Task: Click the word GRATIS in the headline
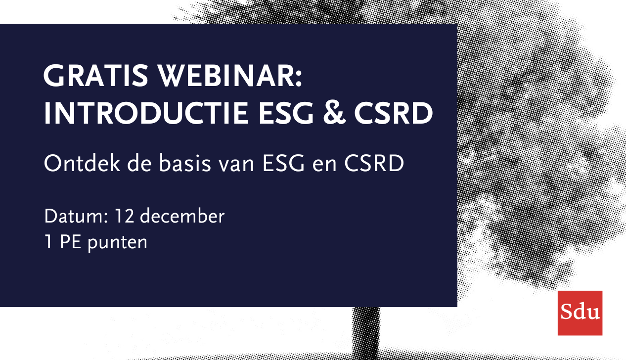95,76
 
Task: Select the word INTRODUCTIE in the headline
146,113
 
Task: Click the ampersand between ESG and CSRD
334,113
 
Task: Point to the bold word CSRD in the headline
394,113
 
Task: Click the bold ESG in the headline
286,113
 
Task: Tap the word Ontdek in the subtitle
82,163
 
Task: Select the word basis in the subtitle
185,163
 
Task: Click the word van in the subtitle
236,166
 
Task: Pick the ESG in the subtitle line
283,164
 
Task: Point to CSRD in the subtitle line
374,164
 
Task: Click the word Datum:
76,216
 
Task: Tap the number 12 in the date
124,216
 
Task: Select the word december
182,216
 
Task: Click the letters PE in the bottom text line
70,242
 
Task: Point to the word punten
117,243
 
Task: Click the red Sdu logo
580,313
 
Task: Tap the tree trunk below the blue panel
366,333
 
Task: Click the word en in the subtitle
324,166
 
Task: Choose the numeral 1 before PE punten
48,242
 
